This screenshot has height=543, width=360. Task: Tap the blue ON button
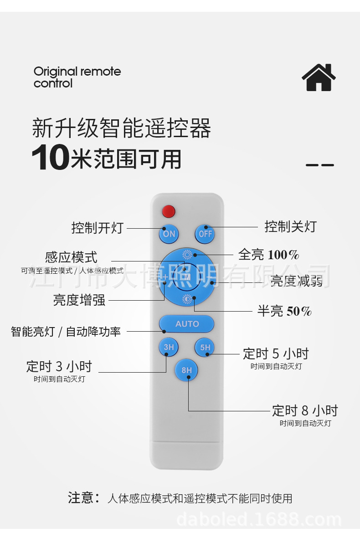[169, 234]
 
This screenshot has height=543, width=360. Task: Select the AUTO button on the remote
[187, 324]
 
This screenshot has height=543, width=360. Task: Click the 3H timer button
[169, 347]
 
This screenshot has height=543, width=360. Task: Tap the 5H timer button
[205, 347]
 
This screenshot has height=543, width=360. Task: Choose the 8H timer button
[187, 370]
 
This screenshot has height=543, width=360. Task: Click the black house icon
[319, 77]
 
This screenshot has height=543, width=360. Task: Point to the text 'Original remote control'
[77, 77]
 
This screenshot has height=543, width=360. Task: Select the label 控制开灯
[97, 228]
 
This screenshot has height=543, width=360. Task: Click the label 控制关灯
[290, 226]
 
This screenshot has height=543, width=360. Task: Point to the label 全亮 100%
[268, 255]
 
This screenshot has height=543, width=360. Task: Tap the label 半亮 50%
[284, 312]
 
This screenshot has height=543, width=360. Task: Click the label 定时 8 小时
[305, 411]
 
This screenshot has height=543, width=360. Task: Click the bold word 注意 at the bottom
[81, 498]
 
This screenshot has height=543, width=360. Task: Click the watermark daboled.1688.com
[259, 520]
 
